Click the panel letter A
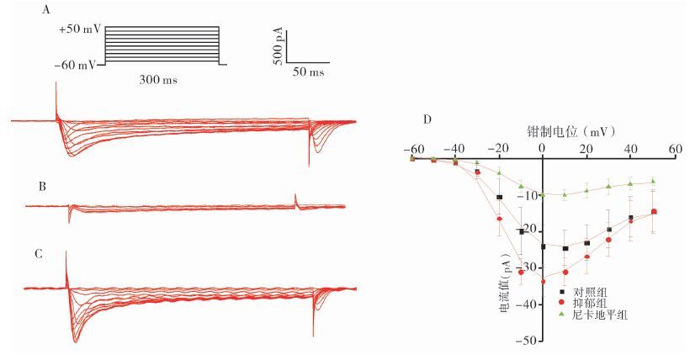46,9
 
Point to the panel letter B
42,187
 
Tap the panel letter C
39,254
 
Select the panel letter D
427,119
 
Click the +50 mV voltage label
80,29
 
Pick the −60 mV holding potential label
75,66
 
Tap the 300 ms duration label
158,80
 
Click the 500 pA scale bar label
279,46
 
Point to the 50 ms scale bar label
309,71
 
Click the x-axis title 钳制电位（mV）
571,131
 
